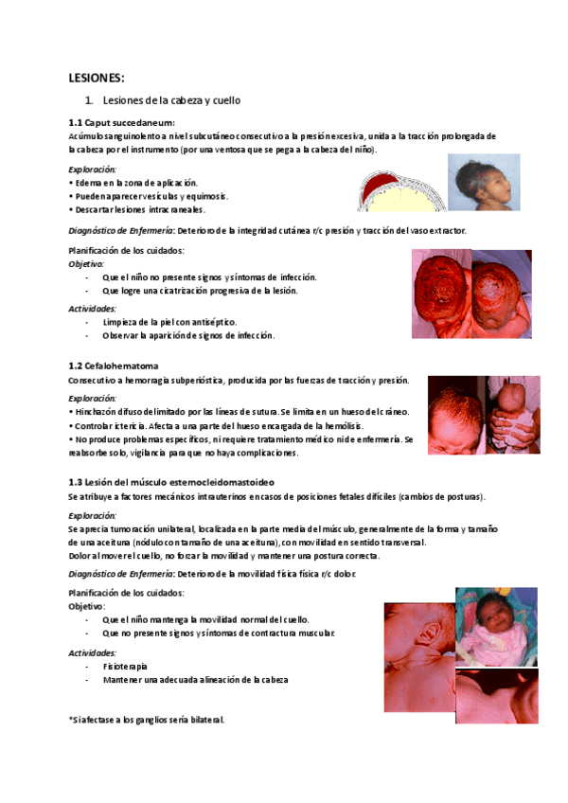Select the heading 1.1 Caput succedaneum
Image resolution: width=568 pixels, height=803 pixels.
point(122,122)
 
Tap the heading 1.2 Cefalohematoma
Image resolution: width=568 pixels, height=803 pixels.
point(114,366)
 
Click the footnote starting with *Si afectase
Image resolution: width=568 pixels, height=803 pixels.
point(147,720)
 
